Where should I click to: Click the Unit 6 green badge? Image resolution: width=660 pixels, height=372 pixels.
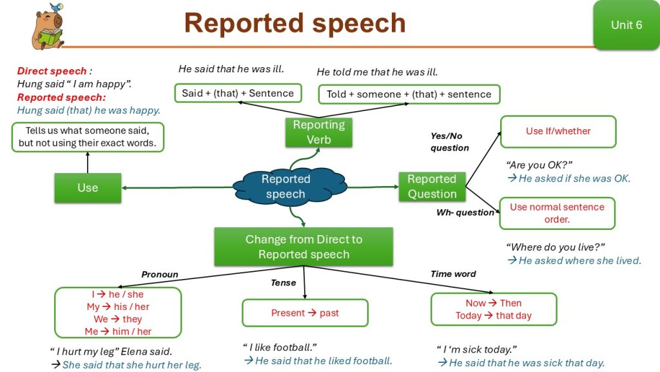click(626, 25)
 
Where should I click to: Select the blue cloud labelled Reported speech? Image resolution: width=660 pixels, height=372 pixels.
click(286, 187)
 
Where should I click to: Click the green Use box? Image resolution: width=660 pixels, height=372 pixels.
click(88, 188)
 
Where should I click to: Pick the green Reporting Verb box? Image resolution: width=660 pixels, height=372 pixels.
click(318, 132)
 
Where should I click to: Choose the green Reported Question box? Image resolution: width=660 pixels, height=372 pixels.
click(432, 187)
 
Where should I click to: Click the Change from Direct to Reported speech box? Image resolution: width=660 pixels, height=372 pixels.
click(304, 247)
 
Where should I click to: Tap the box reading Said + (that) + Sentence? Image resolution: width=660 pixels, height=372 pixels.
click(238, 93)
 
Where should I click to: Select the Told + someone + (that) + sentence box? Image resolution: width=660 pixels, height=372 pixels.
click(409, 94)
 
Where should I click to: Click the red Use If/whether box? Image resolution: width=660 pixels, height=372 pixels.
click(558, 131)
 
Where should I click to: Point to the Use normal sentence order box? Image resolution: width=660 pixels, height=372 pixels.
click(557, 213)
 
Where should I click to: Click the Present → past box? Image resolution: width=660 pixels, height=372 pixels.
click(305, 313)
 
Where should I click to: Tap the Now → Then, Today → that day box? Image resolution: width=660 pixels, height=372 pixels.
click(493, 309)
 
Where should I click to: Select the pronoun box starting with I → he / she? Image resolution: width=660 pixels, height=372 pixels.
click(118, 313)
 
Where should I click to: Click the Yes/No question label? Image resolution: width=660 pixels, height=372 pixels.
click(449, 142)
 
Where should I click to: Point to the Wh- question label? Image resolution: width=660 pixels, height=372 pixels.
click(465, 212)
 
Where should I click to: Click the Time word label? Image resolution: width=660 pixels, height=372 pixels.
click(453, 274)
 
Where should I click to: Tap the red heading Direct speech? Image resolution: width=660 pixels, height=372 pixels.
click(52, 71)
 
